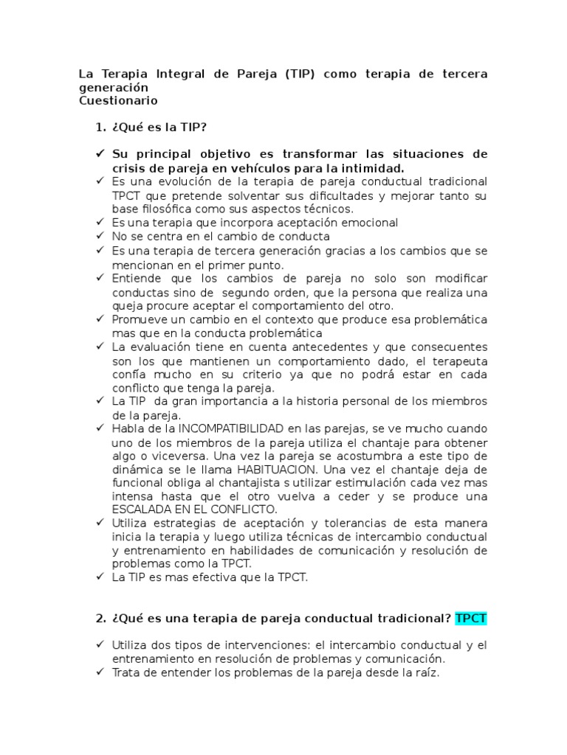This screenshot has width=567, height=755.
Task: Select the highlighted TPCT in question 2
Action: point(471,618)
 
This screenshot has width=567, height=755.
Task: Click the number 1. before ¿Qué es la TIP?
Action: point(101,128)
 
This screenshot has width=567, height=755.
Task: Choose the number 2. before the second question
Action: point(101,618)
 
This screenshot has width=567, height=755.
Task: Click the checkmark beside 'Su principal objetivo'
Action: point(100,154)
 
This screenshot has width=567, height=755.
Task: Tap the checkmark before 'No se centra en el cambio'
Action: point(100,237)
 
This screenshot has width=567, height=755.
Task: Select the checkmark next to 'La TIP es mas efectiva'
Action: point(100,577)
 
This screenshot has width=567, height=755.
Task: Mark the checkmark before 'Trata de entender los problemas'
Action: point(100,672)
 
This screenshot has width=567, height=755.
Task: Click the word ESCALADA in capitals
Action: point(138,509)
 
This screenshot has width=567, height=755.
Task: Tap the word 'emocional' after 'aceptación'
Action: point(369,222)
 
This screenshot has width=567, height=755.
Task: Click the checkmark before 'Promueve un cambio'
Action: point(100,319)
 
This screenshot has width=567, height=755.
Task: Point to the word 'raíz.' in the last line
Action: point(427,672)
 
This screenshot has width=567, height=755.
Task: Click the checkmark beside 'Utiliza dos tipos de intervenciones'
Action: point(100,645)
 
